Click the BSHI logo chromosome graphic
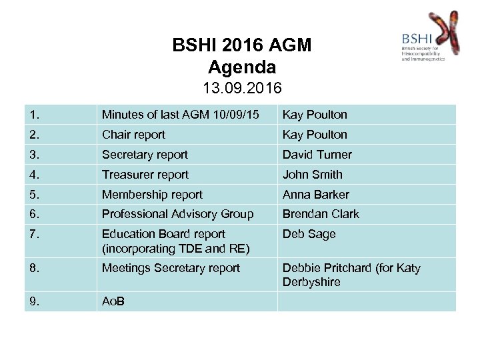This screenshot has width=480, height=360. pyautogui.click(x=445, y=33)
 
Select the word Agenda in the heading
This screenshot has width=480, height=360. pyautogui.click(x=241, y=67)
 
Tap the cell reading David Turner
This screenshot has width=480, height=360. pyautogui.click(x=317, y=155)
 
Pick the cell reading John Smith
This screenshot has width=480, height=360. pyautogui.click(x=312, y=175)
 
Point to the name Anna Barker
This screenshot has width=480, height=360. pyautogui.click(x=315, y=195)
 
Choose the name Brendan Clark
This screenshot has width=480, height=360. pyautogui.click(x=321, y=214)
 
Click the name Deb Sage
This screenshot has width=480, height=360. pyautogui.click(x=309, y=234)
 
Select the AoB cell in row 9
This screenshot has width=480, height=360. pyautogui.click(x=113, y=301)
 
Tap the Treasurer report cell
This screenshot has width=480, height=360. pyautogui.click(x=145, y=175)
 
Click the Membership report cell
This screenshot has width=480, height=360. pyautogui.click(x=152, y=195)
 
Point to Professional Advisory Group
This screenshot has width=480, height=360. pyautogui.click(x=177, y=214)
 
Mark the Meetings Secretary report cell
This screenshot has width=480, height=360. pyautogui.click(x=171, y=268)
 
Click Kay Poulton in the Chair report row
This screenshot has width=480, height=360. pyautogui.click(x=315, y=135)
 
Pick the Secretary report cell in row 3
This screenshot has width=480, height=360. pyautogui.click(x=145, y=155)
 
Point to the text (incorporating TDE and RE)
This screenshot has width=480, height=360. pyautogui.click(x=175, y=249)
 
